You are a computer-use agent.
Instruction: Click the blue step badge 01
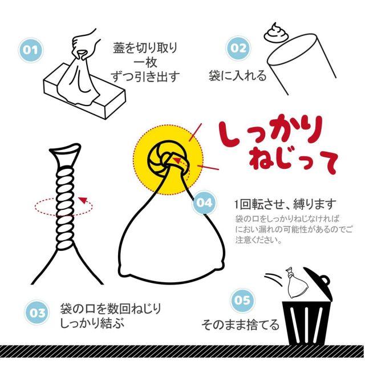(x=31, y=50)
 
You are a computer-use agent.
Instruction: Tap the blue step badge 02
(x=238, y=48)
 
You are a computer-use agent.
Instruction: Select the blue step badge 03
(x=37, y=313)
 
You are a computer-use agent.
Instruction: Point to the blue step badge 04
(x=204, y=202)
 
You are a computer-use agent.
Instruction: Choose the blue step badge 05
(x=242, y=301)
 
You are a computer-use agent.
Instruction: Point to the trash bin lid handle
(x=325, y=280)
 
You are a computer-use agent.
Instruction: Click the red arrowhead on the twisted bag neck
(x=82, y=200)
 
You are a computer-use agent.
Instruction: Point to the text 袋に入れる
(x=237, y=76)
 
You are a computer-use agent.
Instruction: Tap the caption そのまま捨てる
(x=240, y=325)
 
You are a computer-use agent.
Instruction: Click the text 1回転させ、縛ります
(x=286, y=204)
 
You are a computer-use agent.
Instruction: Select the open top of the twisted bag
(x=65, y=148)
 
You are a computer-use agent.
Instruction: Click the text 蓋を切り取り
(x=145, y=48)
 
